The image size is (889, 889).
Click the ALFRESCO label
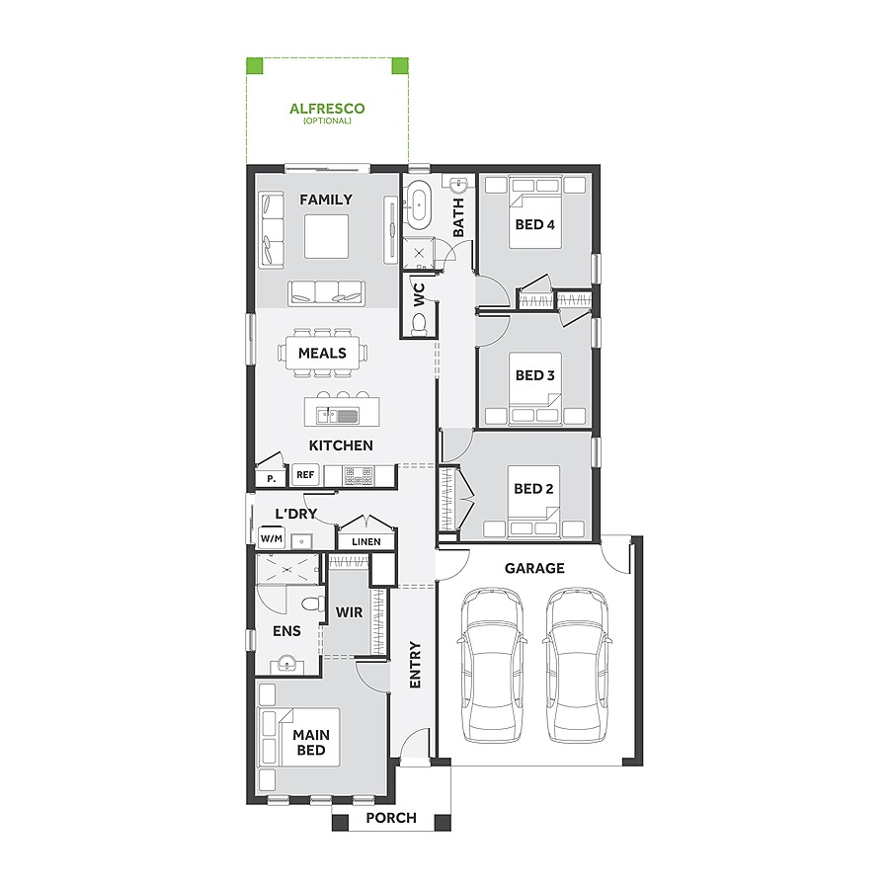tap(327, 110)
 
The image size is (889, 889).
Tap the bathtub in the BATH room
tap(419, 203)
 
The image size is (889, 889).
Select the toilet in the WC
tap(419, 323)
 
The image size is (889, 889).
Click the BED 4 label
tap(534, 224)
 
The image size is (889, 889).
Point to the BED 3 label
tap(534, 375)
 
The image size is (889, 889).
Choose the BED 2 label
tap(534, 488)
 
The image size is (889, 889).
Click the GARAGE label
tap(534, 568)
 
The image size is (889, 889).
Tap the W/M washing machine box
tap(271, 538)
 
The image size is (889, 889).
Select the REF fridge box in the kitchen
tap(305, 475)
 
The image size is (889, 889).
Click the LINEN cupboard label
tap(365, 541)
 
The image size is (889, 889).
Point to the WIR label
tap(349, 612)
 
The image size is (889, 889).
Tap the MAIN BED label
tap(311, 743)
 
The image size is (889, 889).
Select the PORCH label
tap(391, 818)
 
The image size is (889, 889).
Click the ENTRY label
tap(416, 665)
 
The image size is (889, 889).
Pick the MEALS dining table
tap(323, 353)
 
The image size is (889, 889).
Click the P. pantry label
tap(270, 478)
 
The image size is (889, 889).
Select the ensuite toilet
tap(312, 605)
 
